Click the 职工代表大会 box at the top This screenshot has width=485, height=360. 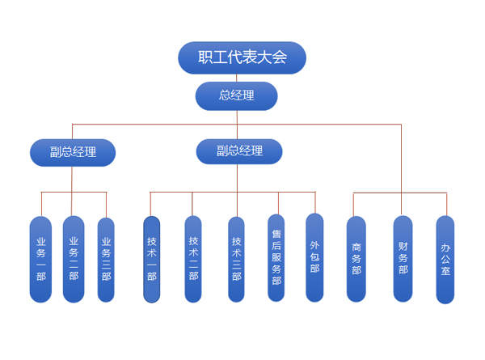pos(242,57)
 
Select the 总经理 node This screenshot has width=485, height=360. pos(236,95)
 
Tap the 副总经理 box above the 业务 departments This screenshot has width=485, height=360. pos(72,151)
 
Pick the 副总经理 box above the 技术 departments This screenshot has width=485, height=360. pos(239,150)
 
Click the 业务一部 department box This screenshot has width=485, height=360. pos(40,259)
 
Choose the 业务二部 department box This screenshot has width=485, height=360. pos(74,259)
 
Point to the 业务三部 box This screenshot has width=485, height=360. pos(106,259)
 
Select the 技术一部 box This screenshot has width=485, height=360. pos(152,259)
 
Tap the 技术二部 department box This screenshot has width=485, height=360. pos(193,259)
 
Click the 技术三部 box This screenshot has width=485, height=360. pos(236,259)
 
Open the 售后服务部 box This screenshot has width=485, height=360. pos(276,257)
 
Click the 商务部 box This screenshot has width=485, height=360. pos(356,259)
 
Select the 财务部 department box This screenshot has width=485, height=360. pos(403,259)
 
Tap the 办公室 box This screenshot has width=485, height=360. pos(445,259)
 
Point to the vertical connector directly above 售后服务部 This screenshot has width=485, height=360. pos(278,203)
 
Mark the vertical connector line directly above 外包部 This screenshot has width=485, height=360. pos(315,202)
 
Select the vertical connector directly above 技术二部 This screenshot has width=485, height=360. pos(192,204)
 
